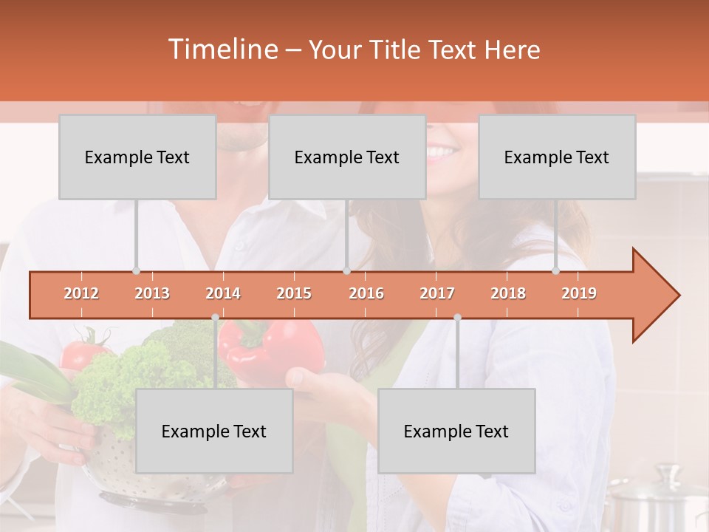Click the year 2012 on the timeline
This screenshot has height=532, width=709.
tap(81, 293)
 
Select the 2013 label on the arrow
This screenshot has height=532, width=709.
tap(152, 293)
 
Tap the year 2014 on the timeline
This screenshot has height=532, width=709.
tap(223, 293)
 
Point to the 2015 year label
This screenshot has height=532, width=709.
tap(294, 293)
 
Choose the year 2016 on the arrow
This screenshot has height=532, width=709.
tap(366, 293)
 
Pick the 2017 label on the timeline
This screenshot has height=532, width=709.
tap(437, 293)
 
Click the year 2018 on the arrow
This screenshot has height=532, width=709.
tap(508, 293)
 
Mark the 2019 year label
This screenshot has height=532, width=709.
tap(579, 293)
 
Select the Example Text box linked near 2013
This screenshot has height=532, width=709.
tap(137, 157)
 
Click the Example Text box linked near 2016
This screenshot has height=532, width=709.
tap(347, 157)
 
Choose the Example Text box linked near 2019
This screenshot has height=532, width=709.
tap(557, 157)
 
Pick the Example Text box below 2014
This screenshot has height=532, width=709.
tap(214, 431)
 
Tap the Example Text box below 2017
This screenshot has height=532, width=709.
tap(456, 431)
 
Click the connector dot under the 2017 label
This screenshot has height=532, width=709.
tap(457, 318)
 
